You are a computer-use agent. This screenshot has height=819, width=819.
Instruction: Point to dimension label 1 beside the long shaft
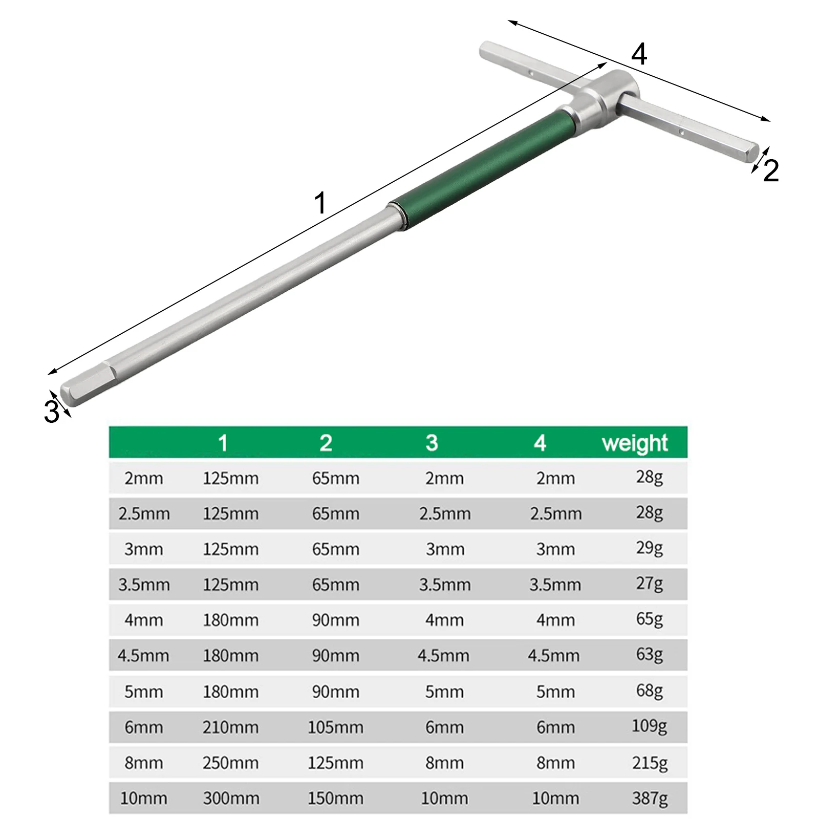[x=320, y=203]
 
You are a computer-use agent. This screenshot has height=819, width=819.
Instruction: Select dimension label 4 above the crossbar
[x=639, y=54]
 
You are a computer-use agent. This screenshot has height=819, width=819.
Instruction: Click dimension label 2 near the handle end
[x=771, y=170]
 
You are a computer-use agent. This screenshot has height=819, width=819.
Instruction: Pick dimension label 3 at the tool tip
[x=51, y=411]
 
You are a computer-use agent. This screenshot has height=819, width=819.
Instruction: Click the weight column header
[x=635, y=443]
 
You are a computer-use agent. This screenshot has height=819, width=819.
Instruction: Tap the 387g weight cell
[x=650, y=798]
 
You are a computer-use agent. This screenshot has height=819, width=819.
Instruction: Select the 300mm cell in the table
[x=231, y=798]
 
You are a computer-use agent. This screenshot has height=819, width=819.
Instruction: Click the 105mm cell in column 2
[x=335, y=727]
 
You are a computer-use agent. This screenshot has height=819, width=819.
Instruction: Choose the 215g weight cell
[x=650, y=763]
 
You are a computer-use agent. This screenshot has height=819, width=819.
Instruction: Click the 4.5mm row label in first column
[x=143, y=656]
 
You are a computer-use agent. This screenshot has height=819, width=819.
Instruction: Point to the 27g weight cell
[x=650, y=584]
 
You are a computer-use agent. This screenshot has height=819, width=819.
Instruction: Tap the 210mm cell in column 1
[x=230, y=727]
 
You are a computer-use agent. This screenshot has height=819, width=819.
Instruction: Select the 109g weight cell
[x=650, y=726]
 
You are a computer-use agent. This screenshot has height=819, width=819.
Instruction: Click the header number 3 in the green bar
[x=432, y=443]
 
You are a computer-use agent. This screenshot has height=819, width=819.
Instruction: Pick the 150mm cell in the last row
[x=335, y=798]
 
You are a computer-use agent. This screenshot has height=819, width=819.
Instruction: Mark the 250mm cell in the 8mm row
[x=230, y=763]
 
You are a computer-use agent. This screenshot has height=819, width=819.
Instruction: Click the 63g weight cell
[x=650, y=655]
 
